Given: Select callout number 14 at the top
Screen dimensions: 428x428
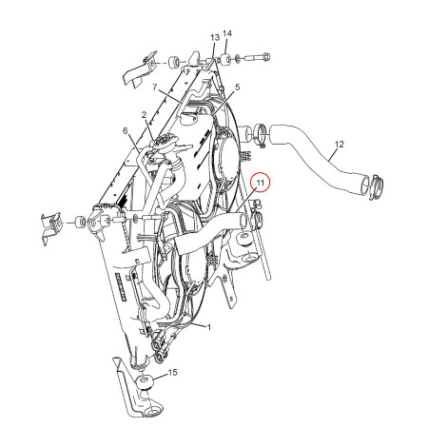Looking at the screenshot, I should click(x=226, y=33).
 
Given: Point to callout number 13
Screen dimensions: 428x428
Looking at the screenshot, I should click(x=215, y=37).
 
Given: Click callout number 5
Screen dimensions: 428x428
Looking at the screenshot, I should click(x=237, y=88).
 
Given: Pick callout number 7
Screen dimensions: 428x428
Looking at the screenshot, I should click(x=125, y=130).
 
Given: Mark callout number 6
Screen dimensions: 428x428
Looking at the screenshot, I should click(x=125, y=130).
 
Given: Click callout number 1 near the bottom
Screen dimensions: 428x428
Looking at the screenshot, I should click(x=208, y=327).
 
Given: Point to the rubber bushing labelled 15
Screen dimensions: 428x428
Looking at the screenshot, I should click(x=145, y=382).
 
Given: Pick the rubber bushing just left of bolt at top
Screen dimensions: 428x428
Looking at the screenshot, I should click(x=228, y=60).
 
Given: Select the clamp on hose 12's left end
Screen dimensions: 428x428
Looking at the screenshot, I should click(x=257, y=134).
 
